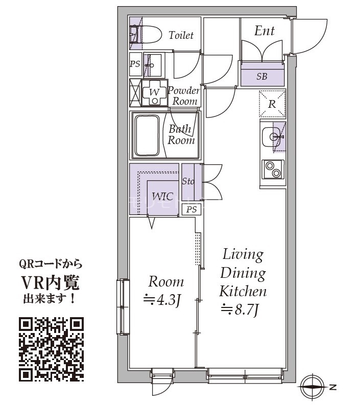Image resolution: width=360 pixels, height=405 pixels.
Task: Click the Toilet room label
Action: (x=181, y=35)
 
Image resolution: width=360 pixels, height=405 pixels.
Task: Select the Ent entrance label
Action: (x=264, y=31)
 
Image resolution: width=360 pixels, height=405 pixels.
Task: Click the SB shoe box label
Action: (x=261, y=77)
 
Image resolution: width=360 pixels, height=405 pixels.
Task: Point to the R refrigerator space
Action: (x=273, y=104)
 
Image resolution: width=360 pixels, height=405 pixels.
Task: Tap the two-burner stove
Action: (x=273, y=169)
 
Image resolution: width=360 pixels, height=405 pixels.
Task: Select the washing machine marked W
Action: (x=155, y=93)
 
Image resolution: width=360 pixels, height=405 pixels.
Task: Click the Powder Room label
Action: (x=184, y=96)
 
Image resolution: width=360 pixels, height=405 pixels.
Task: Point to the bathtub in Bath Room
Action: (x=147, y=136)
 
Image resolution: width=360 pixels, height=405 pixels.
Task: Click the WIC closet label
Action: (x=162, y=197)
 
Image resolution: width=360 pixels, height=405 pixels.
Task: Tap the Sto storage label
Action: (x=188, y=181)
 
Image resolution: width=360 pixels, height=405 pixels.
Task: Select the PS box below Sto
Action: (x=191, y=209)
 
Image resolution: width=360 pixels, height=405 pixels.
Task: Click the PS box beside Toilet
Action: (x=135, y=64)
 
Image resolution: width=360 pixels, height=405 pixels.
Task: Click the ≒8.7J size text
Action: (x=239, y=309)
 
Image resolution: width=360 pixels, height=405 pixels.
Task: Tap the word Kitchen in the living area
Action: (x=243, y=291)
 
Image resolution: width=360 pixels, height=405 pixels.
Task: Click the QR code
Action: (x=52, y=349)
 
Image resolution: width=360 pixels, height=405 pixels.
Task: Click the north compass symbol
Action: (x=313, y=387)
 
